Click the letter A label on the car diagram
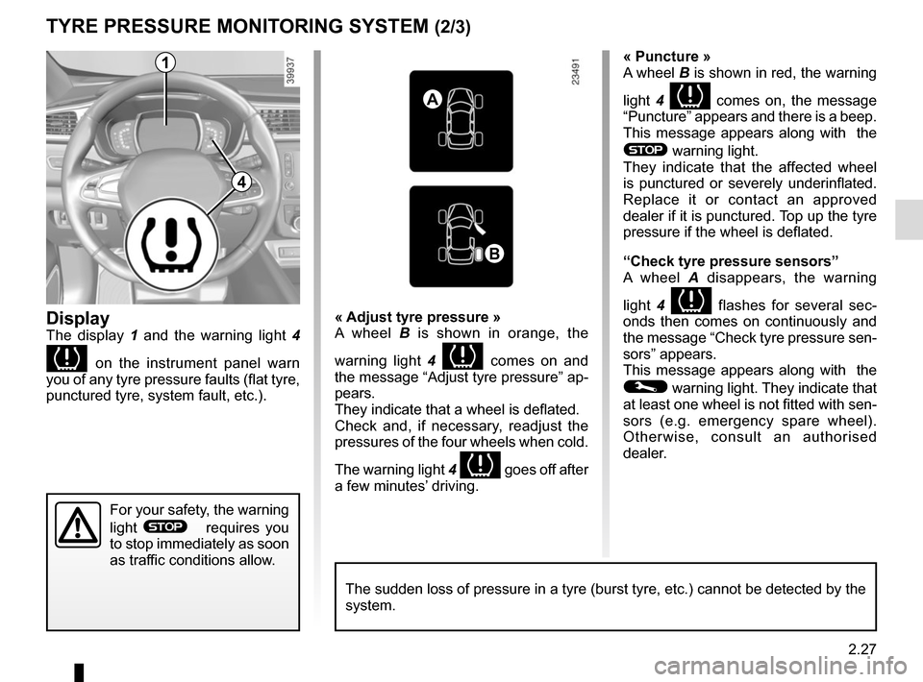(435, 98)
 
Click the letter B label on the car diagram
(493, 253)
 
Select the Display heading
(78, 318)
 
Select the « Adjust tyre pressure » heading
(417, 317)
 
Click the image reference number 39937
(292, 70)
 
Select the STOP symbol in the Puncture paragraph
(644, 151)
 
